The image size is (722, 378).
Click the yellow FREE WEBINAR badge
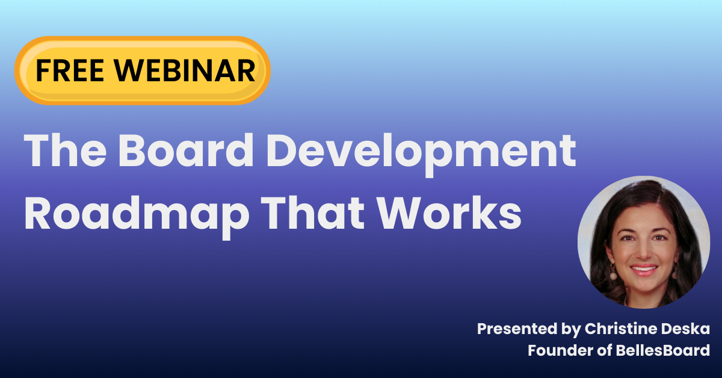[142, 71]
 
